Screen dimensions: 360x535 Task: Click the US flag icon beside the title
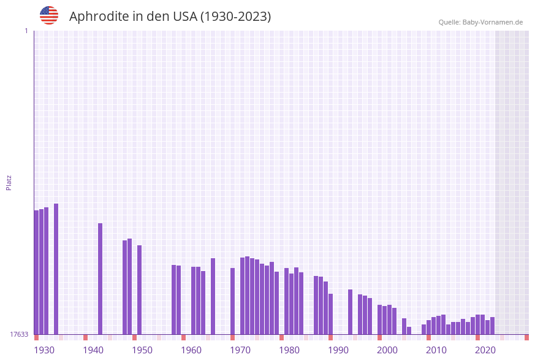[x=49, y=15]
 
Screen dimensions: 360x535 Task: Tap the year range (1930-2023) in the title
[x=235, y=17]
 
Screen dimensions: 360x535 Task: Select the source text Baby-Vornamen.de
[x=492, y=22]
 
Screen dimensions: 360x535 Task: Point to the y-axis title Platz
[x=9, y=182]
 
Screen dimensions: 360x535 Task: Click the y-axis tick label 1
[x=26, y=31]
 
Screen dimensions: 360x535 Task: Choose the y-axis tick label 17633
[x=19, y=334]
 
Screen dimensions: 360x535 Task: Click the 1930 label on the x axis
[x=44, y=350]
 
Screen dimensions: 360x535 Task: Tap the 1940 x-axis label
[x=93, y=350]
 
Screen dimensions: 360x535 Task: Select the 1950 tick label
[x=142, y=350]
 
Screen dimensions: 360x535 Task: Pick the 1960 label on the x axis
[x=191, y=350]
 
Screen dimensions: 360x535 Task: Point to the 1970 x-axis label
[x=240, y=350]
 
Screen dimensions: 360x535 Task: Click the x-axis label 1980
[x=289, y=350]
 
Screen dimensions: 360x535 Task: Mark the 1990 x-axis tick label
[x=338, y=350]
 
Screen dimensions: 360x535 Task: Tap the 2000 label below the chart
[x=387, y=350]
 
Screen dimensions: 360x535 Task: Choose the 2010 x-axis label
[x=436, y=350]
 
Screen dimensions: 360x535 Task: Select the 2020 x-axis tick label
[x=485, y=350]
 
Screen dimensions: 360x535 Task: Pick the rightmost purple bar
[x=492, y=326]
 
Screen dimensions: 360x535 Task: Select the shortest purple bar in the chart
[x=409, y=331]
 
